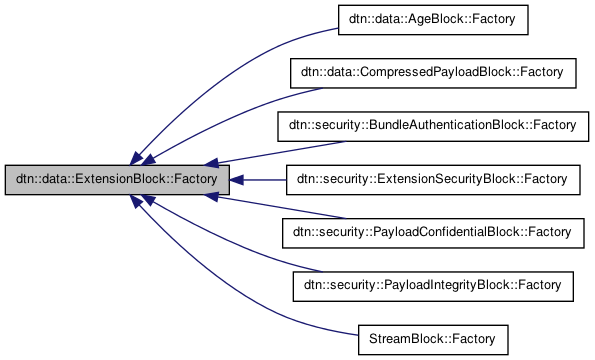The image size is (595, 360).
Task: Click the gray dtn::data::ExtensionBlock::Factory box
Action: point(118,180)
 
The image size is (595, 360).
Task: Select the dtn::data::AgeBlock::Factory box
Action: point(433,19)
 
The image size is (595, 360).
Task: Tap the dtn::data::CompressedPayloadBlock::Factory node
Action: point(433,73)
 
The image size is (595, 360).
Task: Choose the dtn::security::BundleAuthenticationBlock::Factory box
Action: point(433,126)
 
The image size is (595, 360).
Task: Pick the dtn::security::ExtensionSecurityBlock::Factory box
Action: point(433,180)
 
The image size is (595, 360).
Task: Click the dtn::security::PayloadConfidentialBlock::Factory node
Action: point(433,233)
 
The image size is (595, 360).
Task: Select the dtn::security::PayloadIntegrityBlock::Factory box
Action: point(433,287)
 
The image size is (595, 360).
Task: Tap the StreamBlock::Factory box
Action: point(433,340)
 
